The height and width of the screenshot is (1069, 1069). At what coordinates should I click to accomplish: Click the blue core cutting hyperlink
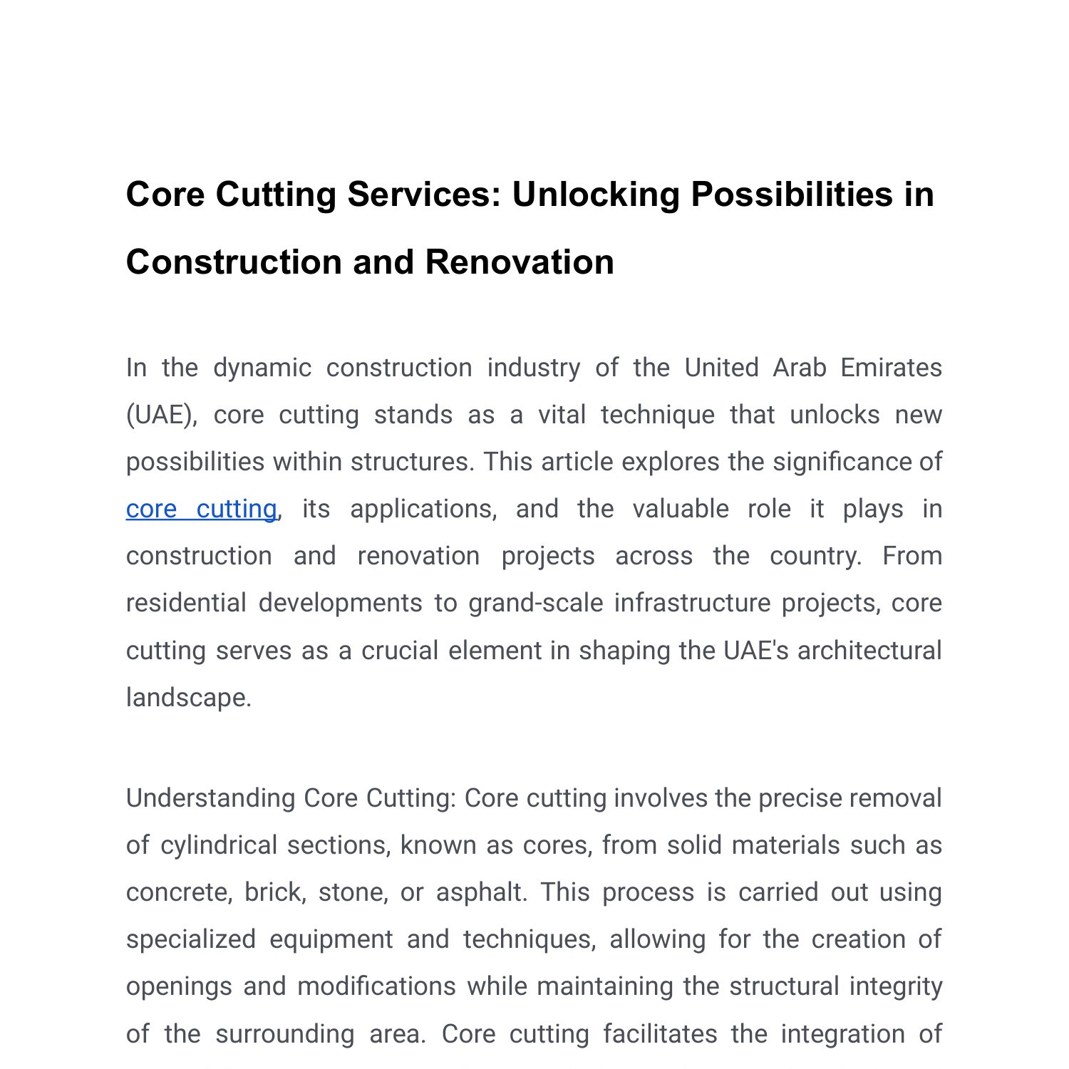[201, 509]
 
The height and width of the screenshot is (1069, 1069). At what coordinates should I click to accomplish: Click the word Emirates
[891, 368]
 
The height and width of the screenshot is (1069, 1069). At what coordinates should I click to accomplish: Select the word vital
[562, 415]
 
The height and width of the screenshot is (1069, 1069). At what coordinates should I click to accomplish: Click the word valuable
[681, 509]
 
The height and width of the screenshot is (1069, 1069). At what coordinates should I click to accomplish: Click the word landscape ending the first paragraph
[188, 698]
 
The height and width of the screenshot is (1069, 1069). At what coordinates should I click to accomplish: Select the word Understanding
[210, 798]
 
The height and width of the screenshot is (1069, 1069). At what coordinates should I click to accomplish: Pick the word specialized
[191, 939]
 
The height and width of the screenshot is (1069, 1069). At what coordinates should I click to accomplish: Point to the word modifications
[376, 986]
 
